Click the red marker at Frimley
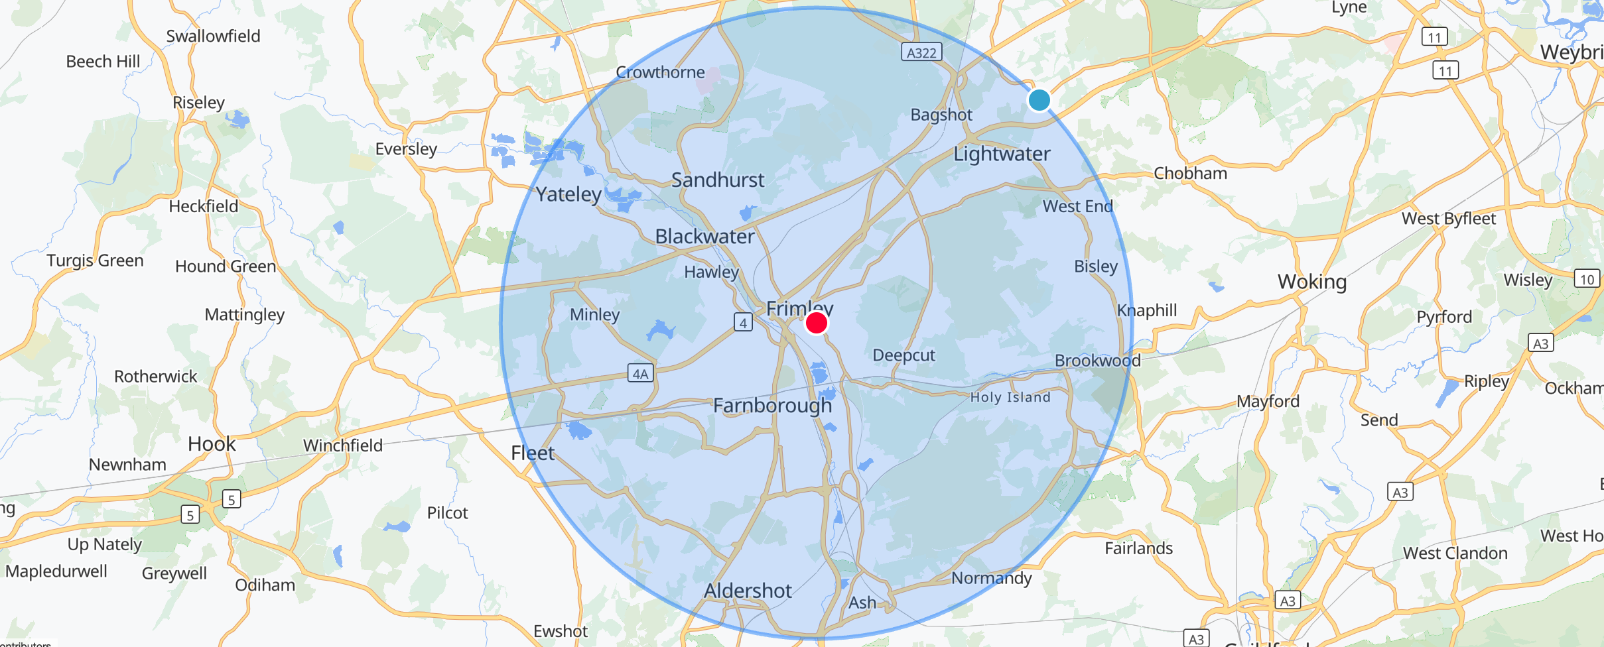pos(816,323)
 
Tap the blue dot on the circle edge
pos(1039,100)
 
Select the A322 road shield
pos(921,52)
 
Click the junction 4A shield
pos(640,373)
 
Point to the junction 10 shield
pos(1587,279)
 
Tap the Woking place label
pos(1312,282)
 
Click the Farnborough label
pos(772,405)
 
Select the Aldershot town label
pos(748,591)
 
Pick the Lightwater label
pos(1002,154)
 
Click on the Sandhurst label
pos(718,180)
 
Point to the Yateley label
pos(568,194)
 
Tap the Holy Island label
pos(1010,398)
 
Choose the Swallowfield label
pos(213,36)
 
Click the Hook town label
pos(212,443)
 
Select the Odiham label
pos(265,585)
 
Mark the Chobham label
pos(1190,174)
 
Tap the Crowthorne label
pos(660,72)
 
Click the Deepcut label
pos(903,355)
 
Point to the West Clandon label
pos(1455,553)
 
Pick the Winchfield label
pos(343,445)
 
